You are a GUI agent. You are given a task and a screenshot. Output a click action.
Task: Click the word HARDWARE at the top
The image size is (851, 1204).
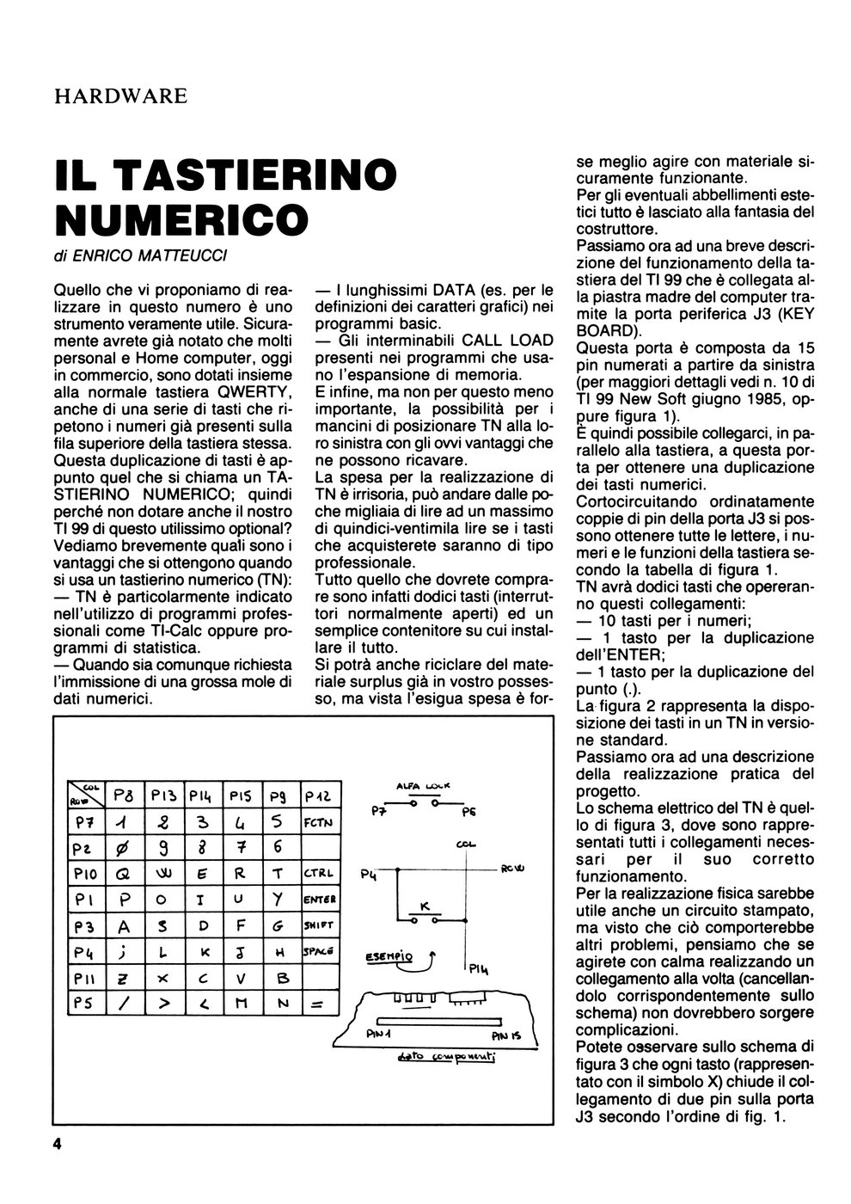pyautogui.click(x=120, y=95)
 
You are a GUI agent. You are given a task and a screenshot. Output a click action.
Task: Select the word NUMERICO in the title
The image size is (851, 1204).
pyautogui.click(x=181, y=218)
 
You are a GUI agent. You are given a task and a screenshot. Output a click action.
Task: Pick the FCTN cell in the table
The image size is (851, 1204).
pyautogui.click(x=318, y=822)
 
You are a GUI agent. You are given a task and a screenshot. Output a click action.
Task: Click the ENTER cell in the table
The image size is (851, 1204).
pyautogui.click(x=318, y=899)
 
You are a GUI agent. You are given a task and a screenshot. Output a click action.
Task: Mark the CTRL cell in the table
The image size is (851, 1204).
pyautogui.click(x=317, y=874)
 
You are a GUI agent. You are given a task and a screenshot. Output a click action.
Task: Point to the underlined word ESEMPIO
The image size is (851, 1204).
pyautogui.click(x=389, y=955)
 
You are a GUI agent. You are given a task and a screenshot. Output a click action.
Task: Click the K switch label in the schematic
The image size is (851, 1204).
pyautogui.click(x=424, y=907)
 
